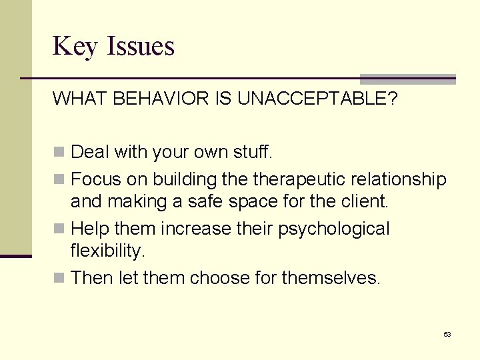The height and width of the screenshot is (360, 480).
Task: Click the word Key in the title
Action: [x=73, y=47]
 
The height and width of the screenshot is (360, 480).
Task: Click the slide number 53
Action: [x=447, y=334]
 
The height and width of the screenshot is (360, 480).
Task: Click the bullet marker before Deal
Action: [x=59, y=153]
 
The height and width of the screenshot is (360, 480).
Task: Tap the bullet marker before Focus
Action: [x=59, y=179]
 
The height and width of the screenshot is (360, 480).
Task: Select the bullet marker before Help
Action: [x=59, y=229]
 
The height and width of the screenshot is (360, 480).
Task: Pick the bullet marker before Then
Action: [x=59, y=278]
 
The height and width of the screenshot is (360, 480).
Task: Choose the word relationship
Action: [x=401, y=179]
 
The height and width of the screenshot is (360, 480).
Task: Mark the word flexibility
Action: [x=107, y=251]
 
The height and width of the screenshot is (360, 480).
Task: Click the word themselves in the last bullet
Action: [x=331, y=277]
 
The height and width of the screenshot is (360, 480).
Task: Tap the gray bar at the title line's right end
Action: [x=408, y=79]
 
